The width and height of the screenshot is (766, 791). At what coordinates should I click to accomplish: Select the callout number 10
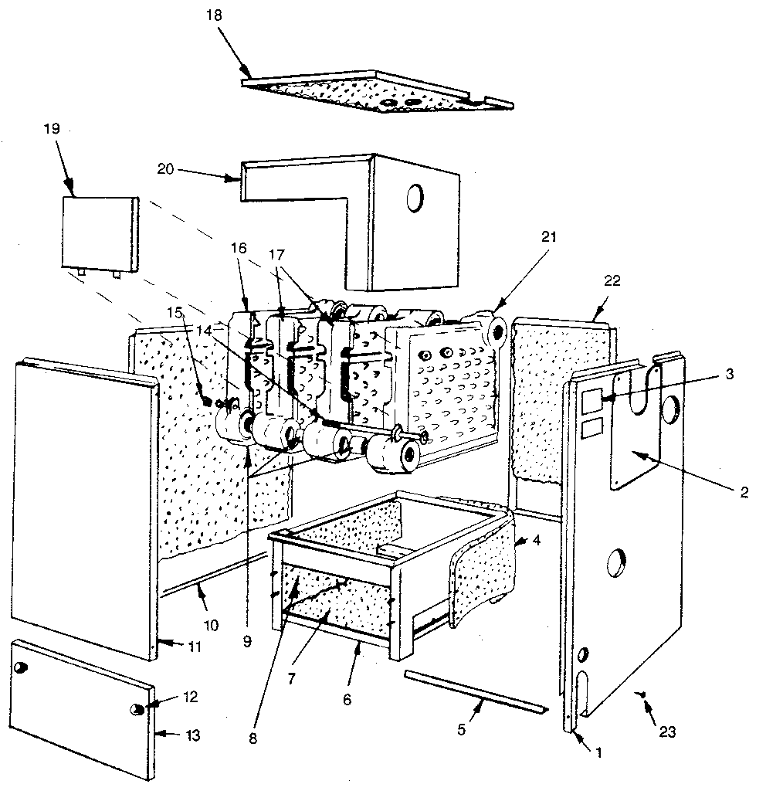210,623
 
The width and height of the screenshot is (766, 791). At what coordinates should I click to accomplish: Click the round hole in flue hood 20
415,199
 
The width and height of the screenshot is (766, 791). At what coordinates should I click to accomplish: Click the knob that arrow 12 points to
139,708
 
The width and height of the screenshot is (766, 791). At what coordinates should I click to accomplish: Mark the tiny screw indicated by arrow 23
642,696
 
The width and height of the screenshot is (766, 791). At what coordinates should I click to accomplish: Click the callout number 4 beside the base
536,541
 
